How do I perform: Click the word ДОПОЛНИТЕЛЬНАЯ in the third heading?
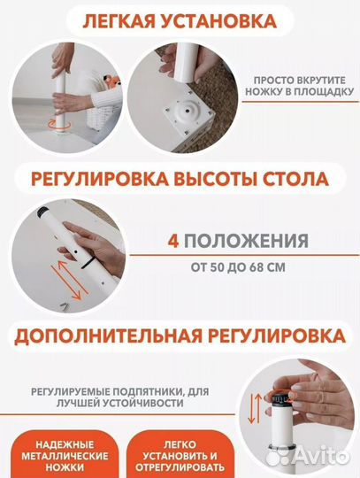point(110,338)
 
